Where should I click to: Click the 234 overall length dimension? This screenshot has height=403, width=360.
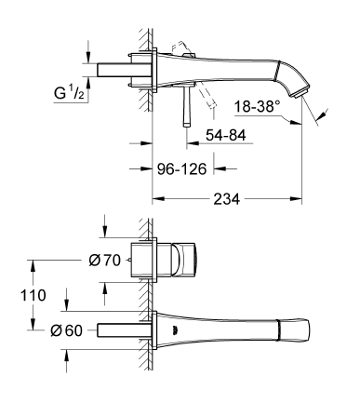click(226, 199)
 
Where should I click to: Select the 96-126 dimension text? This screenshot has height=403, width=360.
click(181, 169)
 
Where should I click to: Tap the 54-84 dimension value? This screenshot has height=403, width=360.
click(226, 135)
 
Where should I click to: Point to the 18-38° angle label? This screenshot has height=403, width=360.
click(255, 106)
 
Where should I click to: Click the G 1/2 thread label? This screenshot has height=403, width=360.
click(69, 93)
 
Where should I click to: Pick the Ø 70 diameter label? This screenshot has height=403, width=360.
click(104, 261)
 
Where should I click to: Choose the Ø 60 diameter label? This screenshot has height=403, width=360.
click(66, 330)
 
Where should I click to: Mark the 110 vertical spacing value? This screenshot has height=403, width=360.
click(33, 295)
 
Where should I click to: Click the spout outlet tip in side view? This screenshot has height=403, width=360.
click(301, 92)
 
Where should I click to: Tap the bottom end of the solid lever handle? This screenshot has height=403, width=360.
click(187, 125)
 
